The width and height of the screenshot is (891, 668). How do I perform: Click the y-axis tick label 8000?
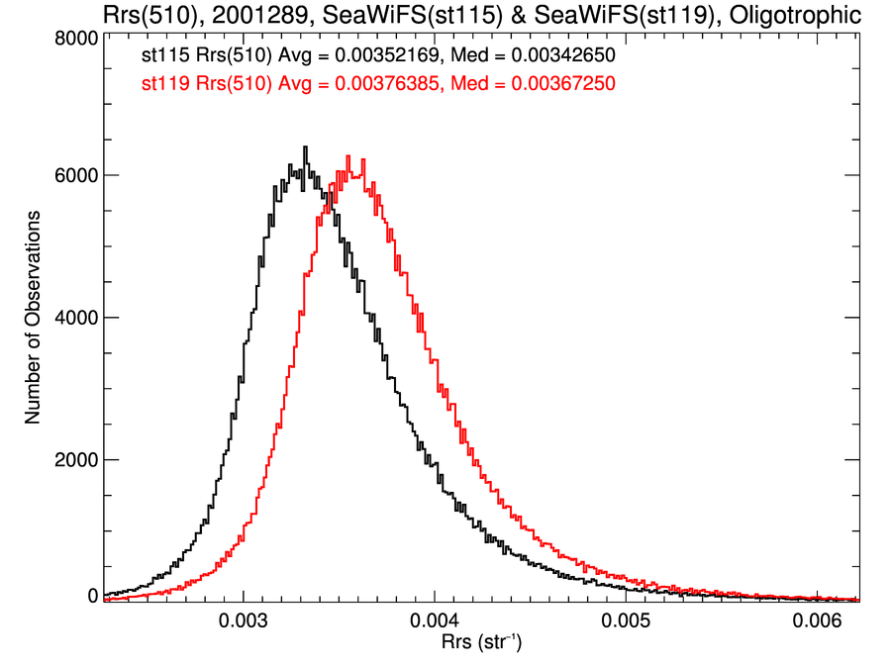point(75,38)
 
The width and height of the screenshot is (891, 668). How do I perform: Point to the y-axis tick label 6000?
point(75,176)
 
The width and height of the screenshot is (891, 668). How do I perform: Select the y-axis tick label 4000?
point(75,318)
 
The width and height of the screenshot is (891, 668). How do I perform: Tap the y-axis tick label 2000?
point(75,460)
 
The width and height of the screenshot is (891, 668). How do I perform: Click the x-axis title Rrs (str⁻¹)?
point(481,644)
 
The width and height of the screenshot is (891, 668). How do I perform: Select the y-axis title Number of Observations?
point(34,317)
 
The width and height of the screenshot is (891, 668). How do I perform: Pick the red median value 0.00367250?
point(559,85)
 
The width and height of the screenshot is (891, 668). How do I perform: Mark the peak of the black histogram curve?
point(305,148)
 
